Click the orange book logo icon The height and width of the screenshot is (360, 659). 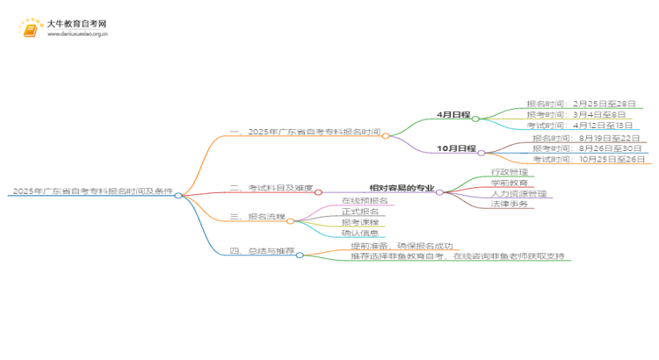[30, 29]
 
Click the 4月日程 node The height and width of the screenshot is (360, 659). [454, 115]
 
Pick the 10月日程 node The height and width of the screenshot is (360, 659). [456, 148]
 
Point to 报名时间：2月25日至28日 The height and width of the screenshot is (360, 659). [580, 104]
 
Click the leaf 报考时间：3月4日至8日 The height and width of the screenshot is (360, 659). [576, 115]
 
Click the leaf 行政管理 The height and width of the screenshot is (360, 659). [510, 172]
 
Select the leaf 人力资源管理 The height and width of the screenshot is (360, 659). [518, 193]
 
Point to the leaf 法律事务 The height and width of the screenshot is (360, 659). [510, 204]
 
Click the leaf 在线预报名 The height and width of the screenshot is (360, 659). [364, 201]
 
